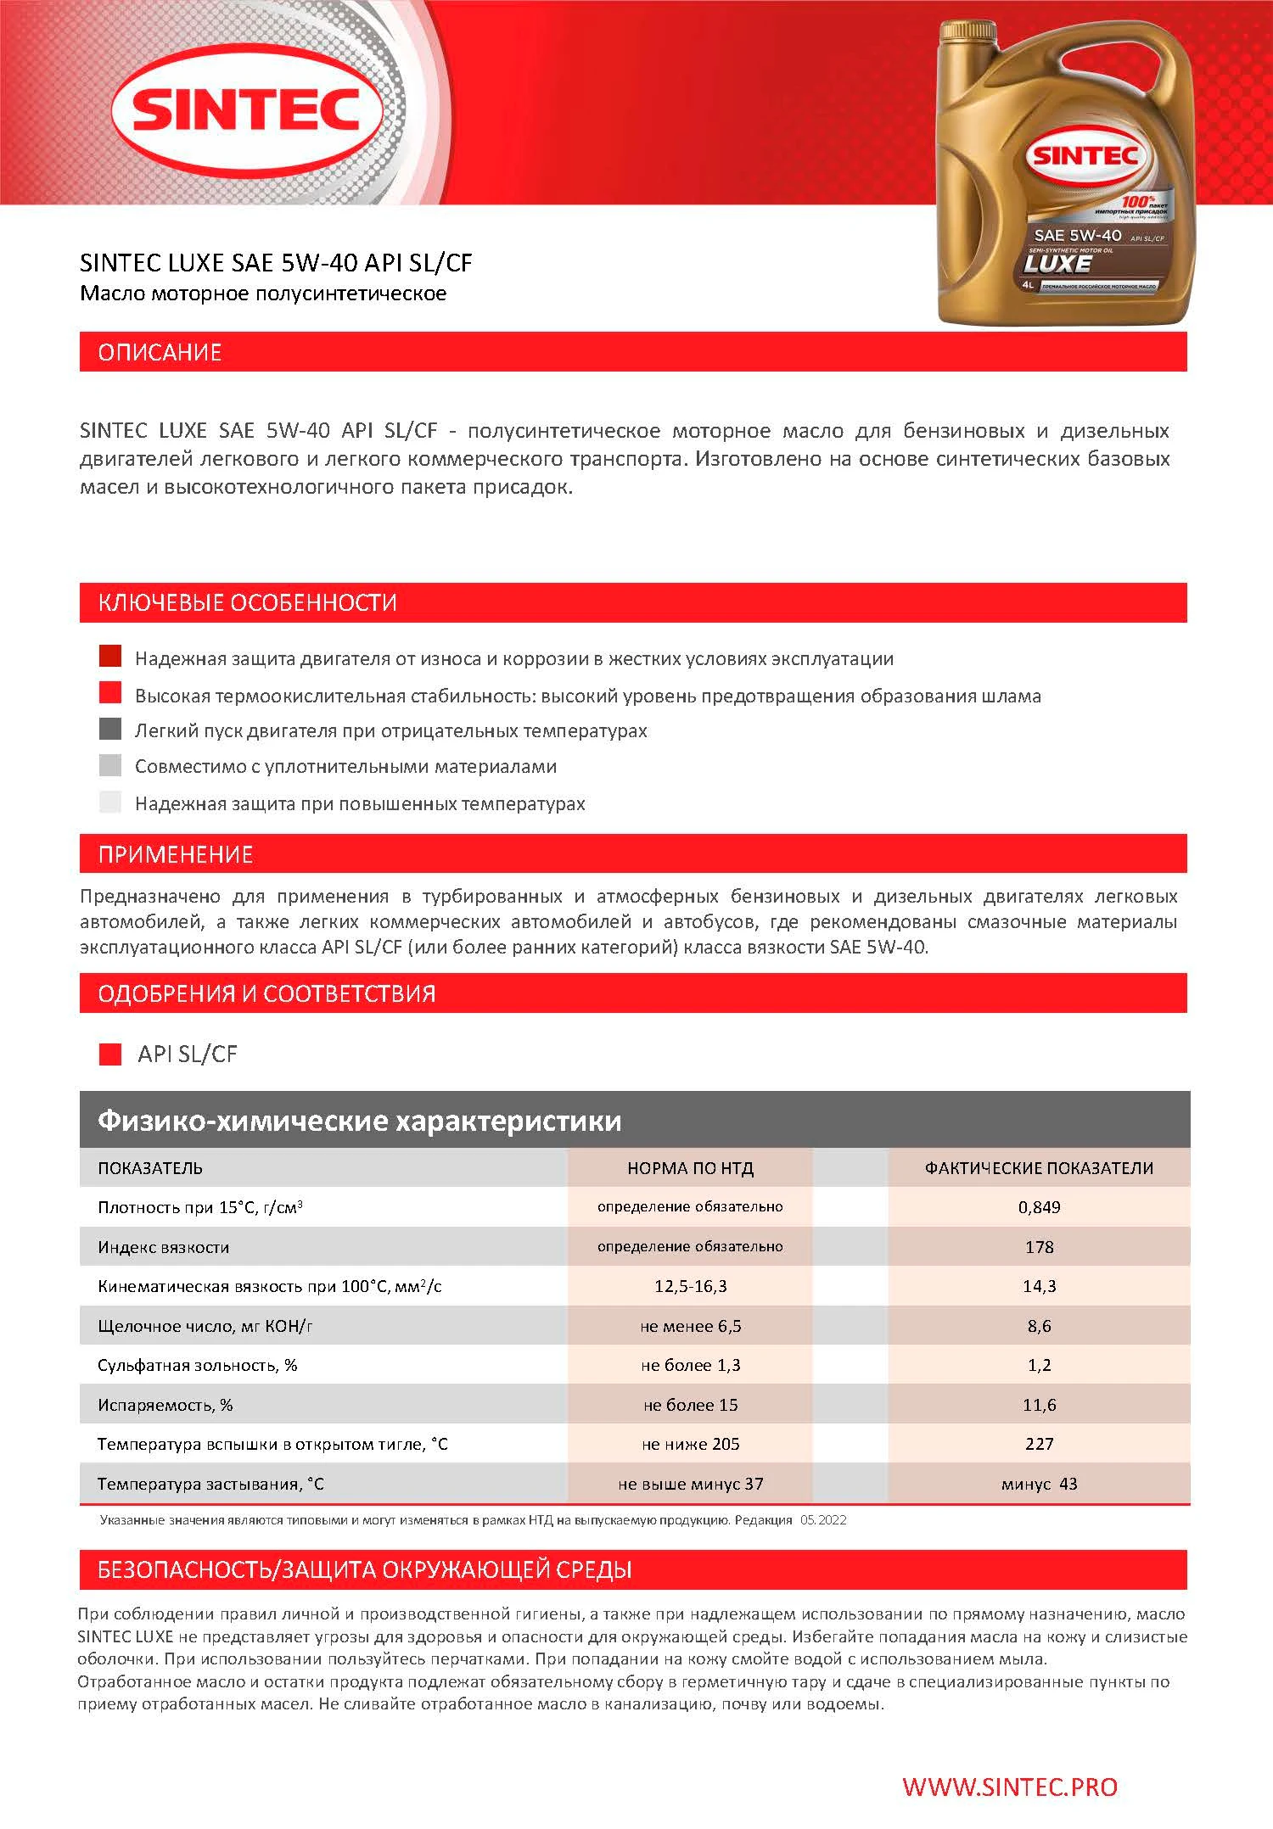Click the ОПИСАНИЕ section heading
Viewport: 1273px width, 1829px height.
[x=160, y=352]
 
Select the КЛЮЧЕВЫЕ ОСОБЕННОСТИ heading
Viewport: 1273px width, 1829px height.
[x=247, y=603]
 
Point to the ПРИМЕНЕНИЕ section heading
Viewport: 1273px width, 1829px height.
[x=176, y=854]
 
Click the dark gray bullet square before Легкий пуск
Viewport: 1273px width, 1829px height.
[x=110, y=730]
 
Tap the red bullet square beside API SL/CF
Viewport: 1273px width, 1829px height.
[x=110, y=1054]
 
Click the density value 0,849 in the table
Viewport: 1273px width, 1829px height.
[x=1039, y=1207]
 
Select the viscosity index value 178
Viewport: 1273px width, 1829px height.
[x=1039, y=1247]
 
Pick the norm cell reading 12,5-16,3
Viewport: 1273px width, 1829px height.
[x=690, y=1286]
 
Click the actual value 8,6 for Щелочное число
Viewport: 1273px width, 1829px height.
[x=1039, y=1326]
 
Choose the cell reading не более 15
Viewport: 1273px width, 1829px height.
[x=690, y=1405]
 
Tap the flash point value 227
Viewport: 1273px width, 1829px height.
[x=1039, y=1444]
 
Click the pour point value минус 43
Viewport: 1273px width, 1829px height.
[x=1039, y=1484]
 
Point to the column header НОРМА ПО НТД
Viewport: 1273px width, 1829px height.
[x=690, y=1168]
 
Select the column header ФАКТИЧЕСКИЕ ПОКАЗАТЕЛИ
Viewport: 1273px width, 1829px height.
[x=1039, y=1168]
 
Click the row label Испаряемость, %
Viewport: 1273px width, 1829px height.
[x=165, y=1405]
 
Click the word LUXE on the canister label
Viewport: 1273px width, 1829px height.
[x=1057, y=264]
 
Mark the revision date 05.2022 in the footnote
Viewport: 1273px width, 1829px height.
[x=822, y=1520]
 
